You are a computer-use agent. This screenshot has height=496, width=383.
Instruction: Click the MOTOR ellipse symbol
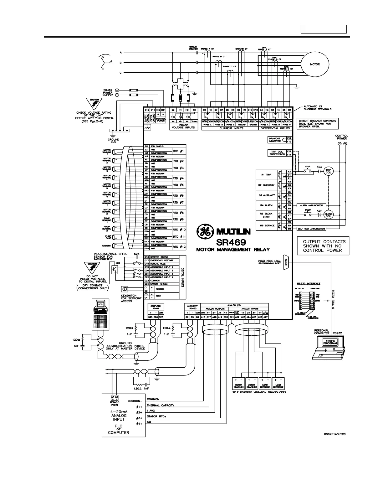pyautogui.click(x=315, y=65)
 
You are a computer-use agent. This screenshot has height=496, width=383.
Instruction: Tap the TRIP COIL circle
pyautogui.click(x=329, y=171)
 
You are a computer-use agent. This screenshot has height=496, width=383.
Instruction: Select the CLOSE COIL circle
pyautogui.click(x=329, y=215)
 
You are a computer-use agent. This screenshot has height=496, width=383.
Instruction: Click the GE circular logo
pyautogui.click(x=203, y=232)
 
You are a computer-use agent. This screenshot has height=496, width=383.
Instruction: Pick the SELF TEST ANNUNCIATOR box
pyautogui.click(x=311, y=229)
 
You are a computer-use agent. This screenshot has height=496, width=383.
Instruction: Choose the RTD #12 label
pyautogui.click(x=179, y=247)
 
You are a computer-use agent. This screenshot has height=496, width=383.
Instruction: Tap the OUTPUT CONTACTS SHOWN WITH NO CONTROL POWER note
pyautogui.click(x=322, y=246)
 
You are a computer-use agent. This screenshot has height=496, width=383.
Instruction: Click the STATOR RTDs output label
pyautogui.click(x=156, y=416)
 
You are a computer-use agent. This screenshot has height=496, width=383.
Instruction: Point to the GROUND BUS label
pyautogui.click(x=114, y=141)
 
